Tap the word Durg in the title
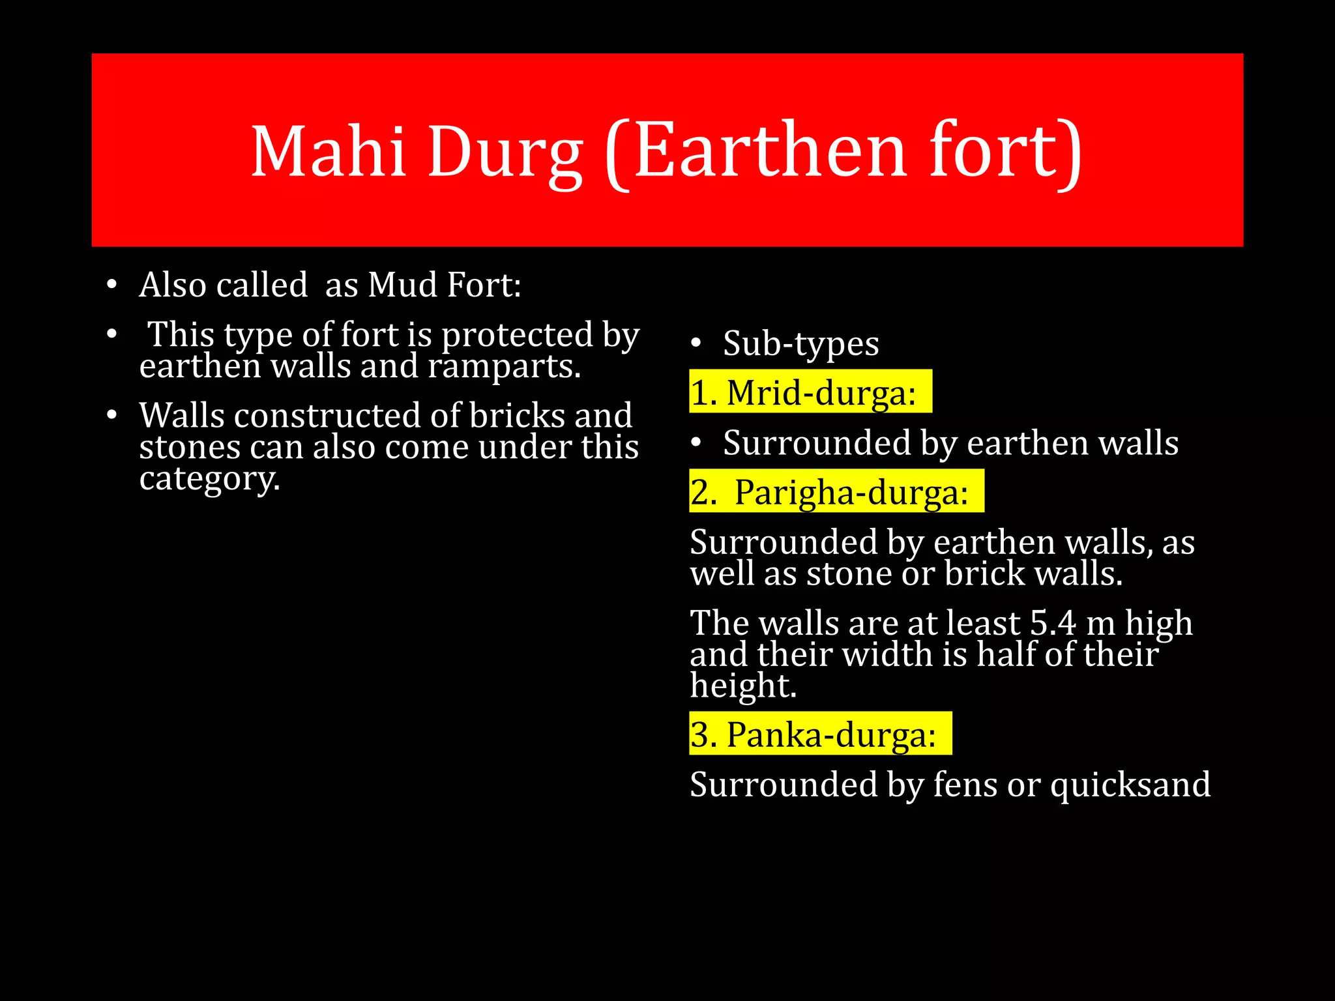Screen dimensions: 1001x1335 point(505,154)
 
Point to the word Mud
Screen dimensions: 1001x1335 point(402,285)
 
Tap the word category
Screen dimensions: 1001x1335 point(209,479)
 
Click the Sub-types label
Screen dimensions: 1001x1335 point(800,343)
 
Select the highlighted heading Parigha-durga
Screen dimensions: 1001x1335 point(851,492)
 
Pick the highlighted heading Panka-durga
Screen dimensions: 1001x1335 point(831,734)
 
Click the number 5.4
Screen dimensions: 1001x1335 point(1053,623)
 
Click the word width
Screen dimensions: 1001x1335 point(881,654)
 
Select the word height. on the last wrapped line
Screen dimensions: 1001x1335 point(743,686)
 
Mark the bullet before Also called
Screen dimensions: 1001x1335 point(112,285)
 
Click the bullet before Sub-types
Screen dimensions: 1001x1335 point(696,343)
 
